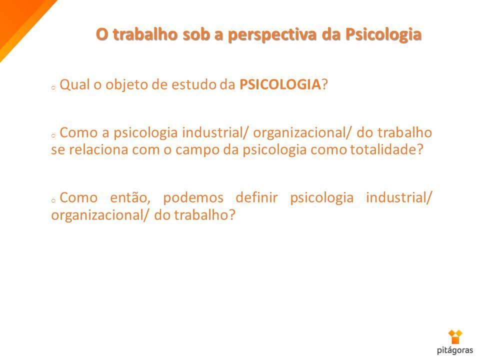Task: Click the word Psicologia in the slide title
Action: pos(383,34)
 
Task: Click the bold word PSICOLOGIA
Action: pos(280,84)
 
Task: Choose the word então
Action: pos(130,197)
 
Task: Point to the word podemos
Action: pos(193,198)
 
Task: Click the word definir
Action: pos(256,197)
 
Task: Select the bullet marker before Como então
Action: pos(53,201)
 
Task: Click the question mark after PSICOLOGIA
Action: pos(324,84)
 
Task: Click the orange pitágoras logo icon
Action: pos(455,336)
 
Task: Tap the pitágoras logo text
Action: pos(455,350)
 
